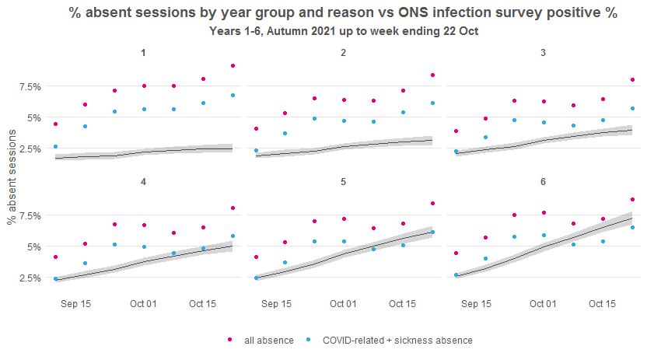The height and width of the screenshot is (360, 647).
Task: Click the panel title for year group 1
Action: [x=144, y=53]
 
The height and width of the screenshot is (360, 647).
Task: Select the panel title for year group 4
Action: [x=144, y=182]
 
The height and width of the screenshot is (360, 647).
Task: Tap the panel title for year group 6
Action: [x=543, y=182]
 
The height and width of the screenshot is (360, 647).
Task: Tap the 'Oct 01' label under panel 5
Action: [x=343, y=304]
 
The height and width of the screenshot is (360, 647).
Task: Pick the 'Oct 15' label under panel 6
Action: [x=602, y=304]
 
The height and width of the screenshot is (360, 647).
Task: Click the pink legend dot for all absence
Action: [x=230, y=341]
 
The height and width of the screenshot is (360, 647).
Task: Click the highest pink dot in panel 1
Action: [x=233, y=66]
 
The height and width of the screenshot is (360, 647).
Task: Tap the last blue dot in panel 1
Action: [x=233, y=96]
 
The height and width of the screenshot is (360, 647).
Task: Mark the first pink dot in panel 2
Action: [x=256, y=128]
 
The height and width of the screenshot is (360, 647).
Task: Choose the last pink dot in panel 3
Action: [x=632, y=80]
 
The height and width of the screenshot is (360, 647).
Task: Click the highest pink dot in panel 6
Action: [x=632, y=200]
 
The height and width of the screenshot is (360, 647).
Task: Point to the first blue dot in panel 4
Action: [x=55, y=278]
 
